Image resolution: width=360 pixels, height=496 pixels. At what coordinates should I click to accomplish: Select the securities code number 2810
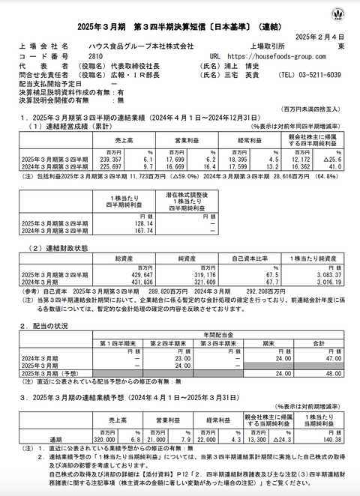(95, 55)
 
